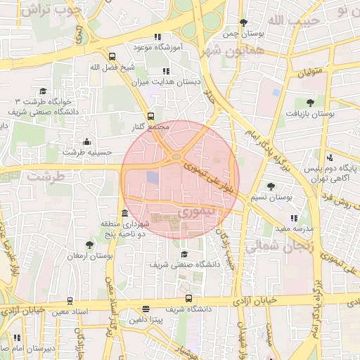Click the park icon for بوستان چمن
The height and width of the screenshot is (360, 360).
coord(243,22)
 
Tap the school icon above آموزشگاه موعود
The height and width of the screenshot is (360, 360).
coord(158,37)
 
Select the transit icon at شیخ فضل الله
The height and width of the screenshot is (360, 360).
coord(112,56)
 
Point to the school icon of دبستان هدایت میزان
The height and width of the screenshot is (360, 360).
coord(166,71)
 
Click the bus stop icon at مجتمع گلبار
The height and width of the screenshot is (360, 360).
coord(150,116)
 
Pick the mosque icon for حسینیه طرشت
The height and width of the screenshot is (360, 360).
coord(86,141)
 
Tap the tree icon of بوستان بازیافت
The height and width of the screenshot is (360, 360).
coord(311,102)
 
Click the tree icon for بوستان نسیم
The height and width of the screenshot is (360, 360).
coord(271,186)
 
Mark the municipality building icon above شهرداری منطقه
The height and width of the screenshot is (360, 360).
coord(124,213)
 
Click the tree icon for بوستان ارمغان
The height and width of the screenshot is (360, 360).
coord(89,245)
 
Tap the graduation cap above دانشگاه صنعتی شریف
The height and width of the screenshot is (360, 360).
coord(184,255)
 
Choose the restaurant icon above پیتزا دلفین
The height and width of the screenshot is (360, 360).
coord(146,309)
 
